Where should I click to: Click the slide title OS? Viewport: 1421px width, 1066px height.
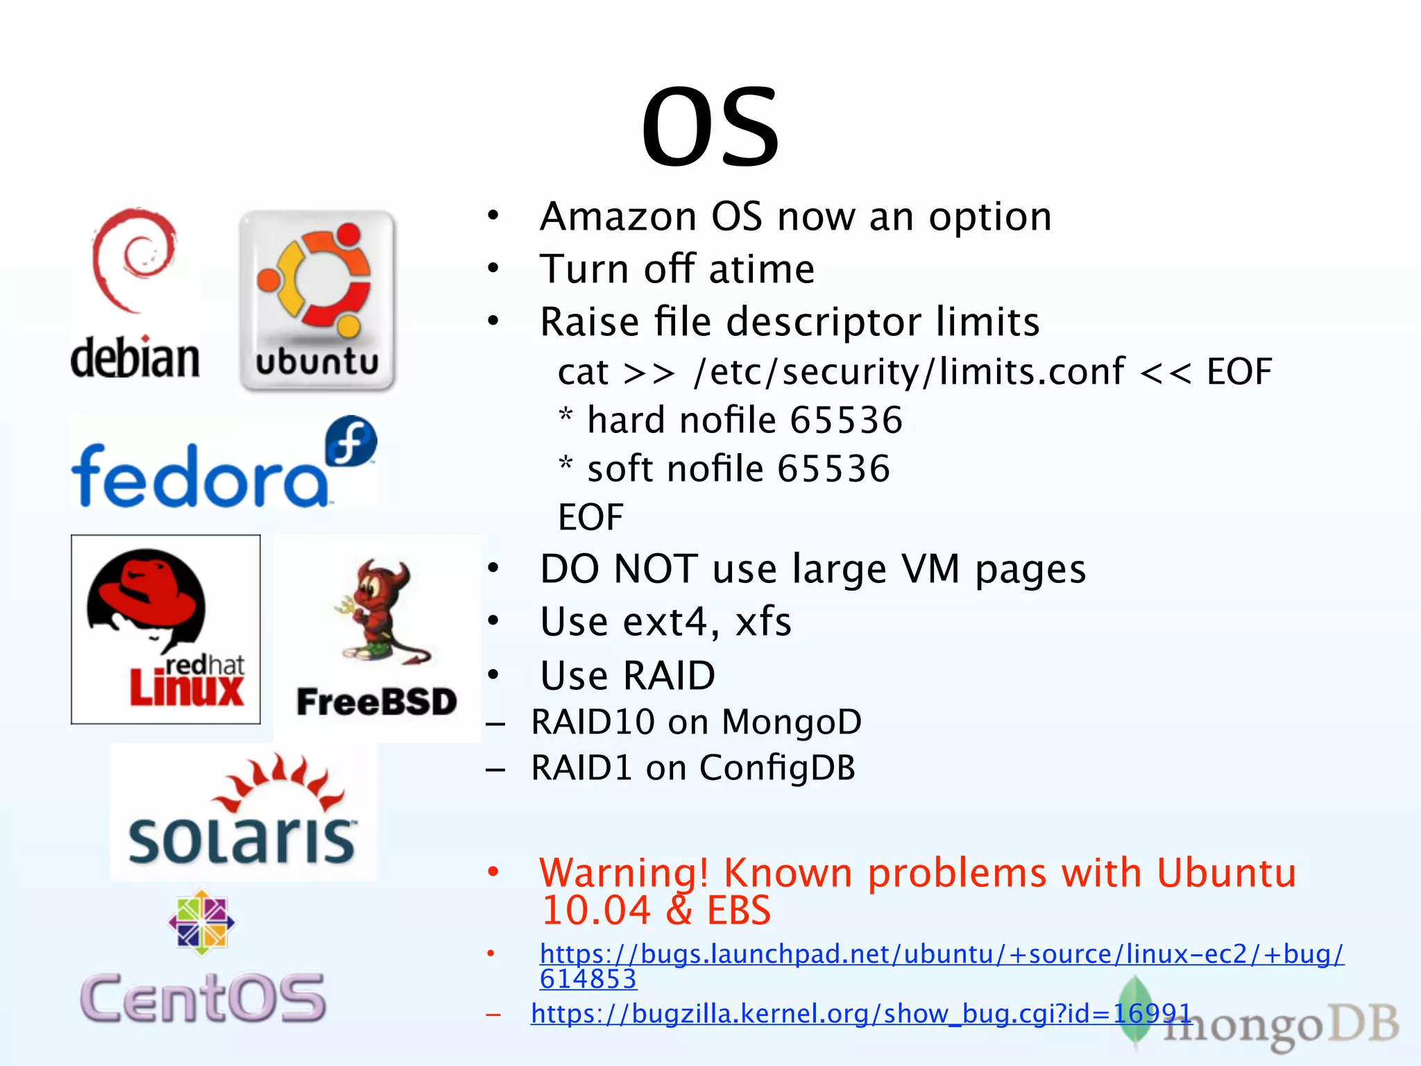(710, 127)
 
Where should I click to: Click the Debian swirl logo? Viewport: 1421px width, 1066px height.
(135, 260)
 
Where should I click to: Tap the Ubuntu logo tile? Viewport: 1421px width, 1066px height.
(317, 301)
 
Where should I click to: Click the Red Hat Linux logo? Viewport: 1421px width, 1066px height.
(166, 629)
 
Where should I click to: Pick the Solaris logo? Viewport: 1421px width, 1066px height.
(244, 812)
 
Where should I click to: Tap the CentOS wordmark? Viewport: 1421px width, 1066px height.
(203, 997)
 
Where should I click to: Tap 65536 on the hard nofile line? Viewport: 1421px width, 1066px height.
(846, 421)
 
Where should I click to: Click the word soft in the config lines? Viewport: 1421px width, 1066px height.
(621, 469)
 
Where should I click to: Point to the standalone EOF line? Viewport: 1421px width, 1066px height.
(590, 517)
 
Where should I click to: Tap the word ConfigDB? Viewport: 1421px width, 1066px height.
(777, 768)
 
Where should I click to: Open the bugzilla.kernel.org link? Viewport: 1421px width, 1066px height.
(860, 1014)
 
